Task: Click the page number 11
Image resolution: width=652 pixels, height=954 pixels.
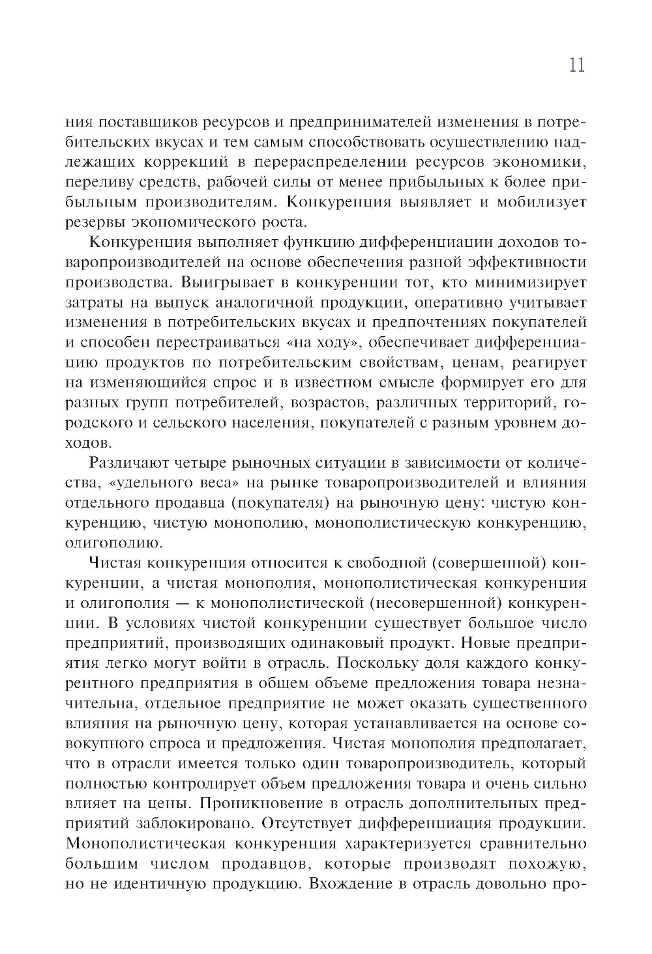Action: (576, 65)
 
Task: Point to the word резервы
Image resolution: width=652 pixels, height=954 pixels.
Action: (94, 222)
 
